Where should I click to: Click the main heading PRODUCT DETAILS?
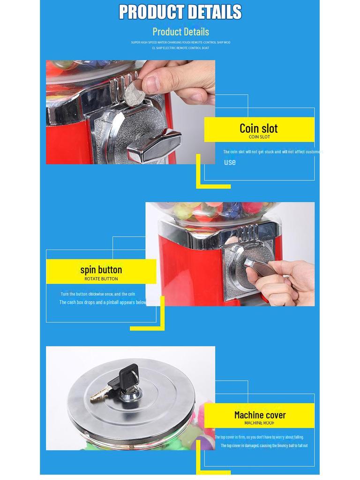click(180, 12)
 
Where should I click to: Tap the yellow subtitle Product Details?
click(180, 32)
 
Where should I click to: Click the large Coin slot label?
click(259, 128)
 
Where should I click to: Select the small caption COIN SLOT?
click(259, 137)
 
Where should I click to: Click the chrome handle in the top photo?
click(155, 143)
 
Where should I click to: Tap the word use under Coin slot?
click(230, 162)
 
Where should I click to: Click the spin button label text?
click(101, 270)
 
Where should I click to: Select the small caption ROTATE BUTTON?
click(101, 279)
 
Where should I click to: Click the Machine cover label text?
click(260, 415)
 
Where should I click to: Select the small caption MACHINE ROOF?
click(259, 423)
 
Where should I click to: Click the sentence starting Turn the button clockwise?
click(97, 294)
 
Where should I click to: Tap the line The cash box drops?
click(103, 302)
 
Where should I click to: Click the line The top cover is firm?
click(259, 437)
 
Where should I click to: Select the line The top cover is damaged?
click(264, 445)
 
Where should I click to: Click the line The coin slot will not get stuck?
click(272, 152)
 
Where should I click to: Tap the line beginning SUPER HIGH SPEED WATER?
click(180, 43)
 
